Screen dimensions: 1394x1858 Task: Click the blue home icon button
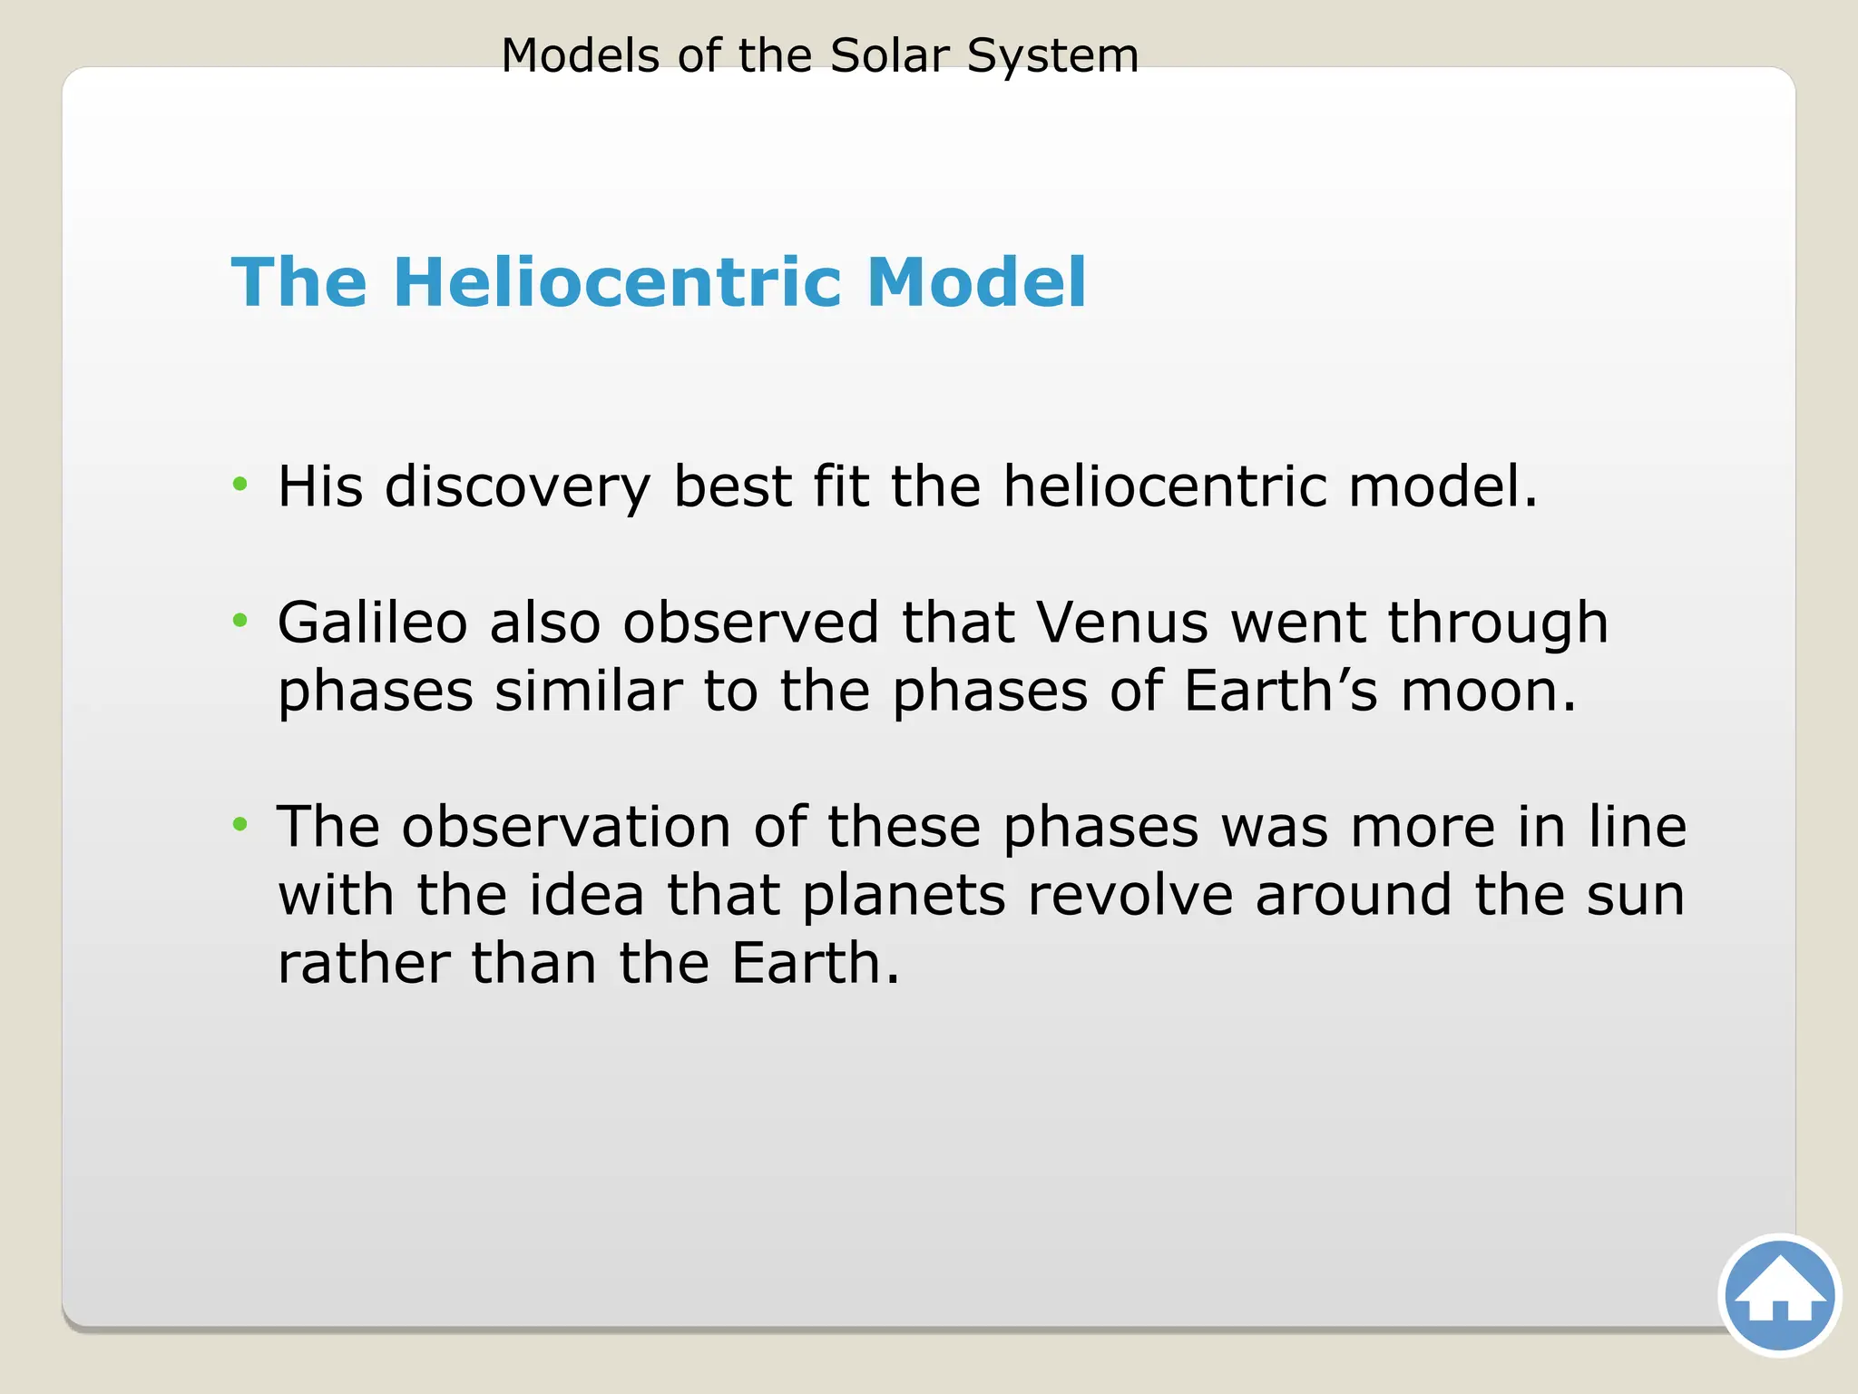[x=1779, y=1295]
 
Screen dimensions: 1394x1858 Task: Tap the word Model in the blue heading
[x=976, y=282]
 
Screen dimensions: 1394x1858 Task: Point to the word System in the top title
[x=1052, y=57]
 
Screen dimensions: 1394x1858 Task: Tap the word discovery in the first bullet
[x=517, y=487]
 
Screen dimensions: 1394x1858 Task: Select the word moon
[x=1489, y=692]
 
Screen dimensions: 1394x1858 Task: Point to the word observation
[x=566, y=827]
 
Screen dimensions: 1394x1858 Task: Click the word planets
[x=904, y=897]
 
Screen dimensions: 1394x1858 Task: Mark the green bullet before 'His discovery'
[x=240, y=484]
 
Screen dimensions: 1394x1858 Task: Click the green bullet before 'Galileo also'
[x=240, y=621]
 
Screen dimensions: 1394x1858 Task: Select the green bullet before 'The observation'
[x=240, y=824]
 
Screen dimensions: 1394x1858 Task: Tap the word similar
[x=588, y=692]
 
